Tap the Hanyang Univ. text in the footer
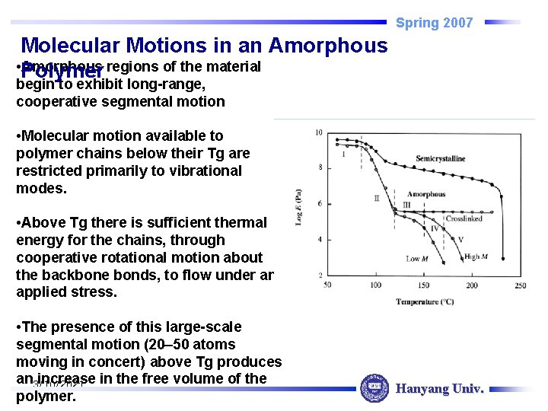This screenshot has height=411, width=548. tap(439, 389)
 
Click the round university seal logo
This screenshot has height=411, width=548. tap(374, 389)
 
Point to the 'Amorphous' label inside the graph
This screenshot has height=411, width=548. tap(426, 195)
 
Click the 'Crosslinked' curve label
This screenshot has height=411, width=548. tap(464, 218)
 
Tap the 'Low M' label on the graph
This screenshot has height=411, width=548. tap(418, 259)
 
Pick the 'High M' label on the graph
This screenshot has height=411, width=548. tap(476, 257)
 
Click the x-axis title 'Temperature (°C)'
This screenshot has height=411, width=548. tap(425, 302)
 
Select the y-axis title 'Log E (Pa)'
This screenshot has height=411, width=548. tap(299, 208)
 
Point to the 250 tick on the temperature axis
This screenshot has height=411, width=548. tap(520, 285)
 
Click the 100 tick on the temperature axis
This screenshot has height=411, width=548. tap(375, 285)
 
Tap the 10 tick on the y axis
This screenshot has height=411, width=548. tap(318, 133)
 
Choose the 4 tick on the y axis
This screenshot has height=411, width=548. tap(320, 240)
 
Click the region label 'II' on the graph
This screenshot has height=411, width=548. tap(376, 198)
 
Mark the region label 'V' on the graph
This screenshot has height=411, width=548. tap(460, 240)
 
